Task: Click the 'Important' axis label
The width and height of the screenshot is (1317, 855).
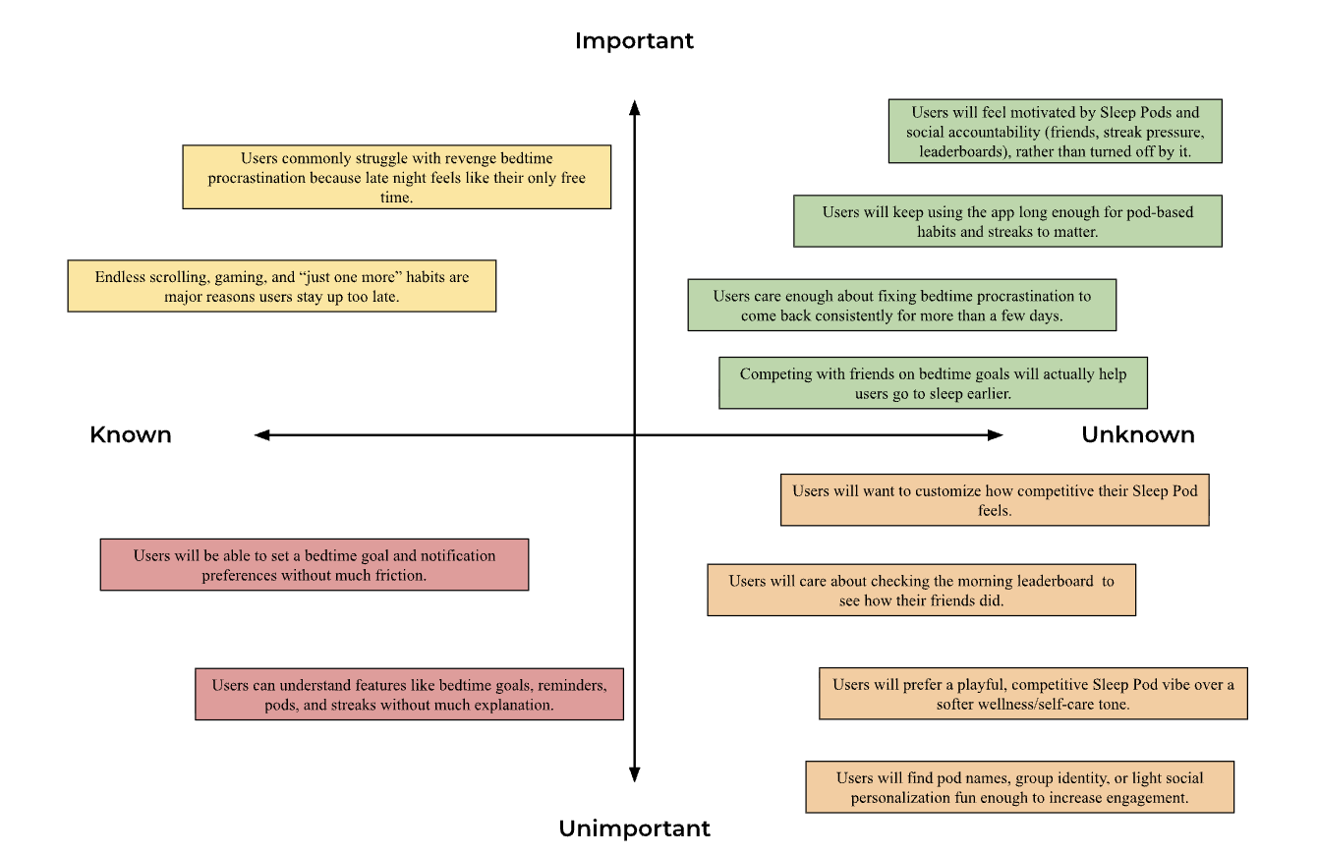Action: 634,40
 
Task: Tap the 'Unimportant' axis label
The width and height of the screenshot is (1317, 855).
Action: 634,828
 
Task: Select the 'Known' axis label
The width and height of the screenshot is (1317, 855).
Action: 131,434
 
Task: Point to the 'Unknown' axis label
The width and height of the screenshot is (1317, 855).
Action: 1138,434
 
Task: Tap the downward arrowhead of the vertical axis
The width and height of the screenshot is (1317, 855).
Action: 635,775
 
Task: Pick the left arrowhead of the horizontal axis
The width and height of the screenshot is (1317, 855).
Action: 261,434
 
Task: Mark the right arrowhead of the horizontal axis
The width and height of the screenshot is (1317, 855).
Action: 996,434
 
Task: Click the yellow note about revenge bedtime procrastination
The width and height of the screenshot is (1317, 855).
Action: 396,177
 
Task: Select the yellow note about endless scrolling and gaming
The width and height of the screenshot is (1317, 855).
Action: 281,286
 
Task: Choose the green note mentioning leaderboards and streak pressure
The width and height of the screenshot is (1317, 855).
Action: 1055,132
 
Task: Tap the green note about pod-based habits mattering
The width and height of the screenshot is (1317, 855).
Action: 1007,221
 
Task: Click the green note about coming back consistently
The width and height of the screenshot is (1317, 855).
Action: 901,305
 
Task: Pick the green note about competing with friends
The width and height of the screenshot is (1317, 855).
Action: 933,383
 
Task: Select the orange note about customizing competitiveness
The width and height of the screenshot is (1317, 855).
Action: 995,500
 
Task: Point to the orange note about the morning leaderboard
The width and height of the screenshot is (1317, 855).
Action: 921,590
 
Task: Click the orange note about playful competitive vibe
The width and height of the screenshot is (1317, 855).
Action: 1032,694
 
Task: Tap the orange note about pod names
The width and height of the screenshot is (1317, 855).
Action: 1019,787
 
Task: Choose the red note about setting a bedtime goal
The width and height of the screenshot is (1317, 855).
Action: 314,564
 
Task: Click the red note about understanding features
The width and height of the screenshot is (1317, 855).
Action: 409,694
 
